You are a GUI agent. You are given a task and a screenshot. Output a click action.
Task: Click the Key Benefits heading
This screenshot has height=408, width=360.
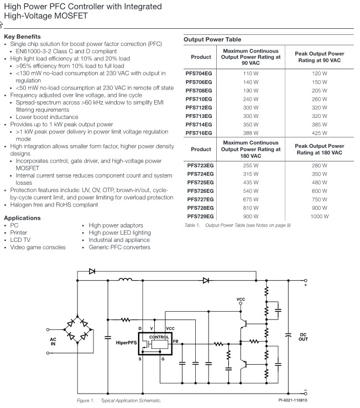(22, 37)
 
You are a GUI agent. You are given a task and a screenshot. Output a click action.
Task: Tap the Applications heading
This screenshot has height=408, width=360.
(22, 218)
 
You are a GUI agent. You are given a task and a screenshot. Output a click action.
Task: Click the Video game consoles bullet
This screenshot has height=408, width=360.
(38, 247)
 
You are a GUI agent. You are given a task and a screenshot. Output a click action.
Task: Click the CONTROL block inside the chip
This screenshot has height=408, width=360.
(159, 337)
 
